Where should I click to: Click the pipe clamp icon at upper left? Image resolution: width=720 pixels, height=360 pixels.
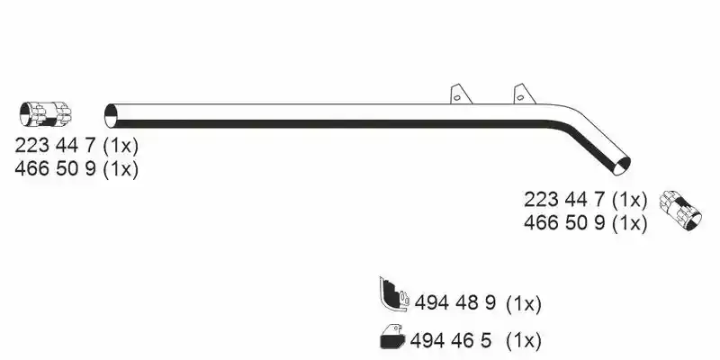coord(46,114)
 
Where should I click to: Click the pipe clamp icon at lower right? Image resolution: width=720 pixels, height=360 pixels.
coord(680,211)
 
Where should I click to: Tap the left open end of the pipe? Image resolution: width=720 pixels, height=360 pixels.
coord(111,116)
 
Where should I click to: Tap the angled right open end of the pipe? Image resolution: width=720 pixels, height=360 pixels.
coord(622,166)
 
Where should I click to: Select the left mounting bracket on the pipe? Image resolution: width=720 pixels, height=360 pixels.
coord(461,94)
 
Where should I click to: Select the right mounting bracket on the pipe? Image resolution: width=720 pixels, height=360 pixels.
coord(525,94)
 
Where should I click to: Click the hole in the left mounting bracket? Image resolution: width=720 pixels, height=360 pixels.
coord(457,97)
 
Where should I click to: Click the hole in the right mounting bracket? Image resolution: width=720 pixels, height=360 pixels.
coord(520,97)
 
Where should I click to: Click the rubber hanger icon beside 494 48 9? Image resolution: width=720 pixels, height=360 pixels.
coord(394,294)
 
